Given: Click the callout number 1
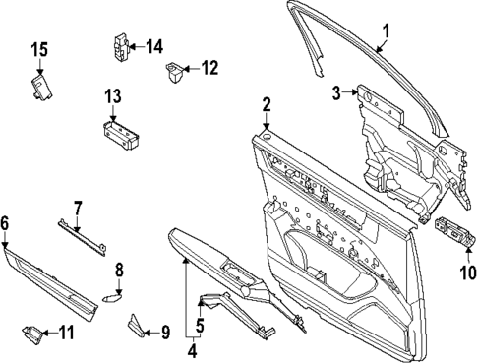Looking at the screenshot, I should [387, 30].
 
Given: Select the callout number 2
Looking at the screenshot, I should [267, 104].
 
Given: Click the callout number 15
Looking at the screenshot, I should [38, 50].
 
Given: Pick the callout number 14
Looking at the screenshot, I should [154, 46].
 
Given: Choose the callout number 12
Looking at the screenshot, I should [209, 68].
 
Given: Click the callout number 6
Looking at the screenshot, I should [6, 223].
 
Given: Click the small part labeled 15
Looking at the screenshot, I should [40, 89].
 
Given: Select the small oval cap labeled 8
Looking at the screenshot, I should [110, 292].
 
